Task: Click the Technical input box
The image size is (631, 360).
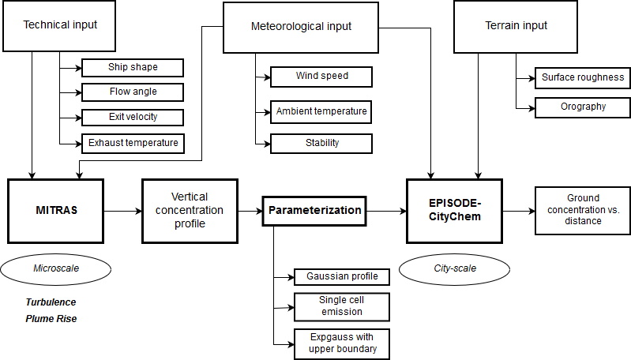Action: [x=59, y=25]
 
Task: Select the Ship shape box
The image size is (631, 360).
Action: [x=133, y=67]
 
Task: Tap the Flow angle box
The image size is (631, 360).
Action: [x=133, y=92]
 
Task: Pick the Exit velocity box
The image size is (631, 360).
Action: [x=133, y=117]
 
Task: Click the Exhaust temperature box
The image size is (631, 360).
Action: [x=133, y=143]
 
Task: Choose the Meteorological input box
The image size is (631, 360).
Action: [x=301, y=27]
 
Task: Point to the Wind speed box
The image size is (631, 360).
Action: [x=321, y=77]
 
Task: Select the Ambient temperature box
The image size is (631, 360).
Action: [x=321, y=111]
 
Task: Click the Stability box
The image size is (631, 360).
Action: [x=321, y=143]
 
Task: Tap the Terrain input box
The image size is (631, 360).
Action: [x=516, y=25]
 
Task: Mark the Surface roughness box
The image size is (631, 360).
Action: [x=583, y=77]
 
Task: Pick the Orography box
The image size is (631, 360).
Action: [x=583, y=107]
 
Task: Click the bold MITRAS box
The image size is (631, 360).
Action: [x=55, y=211]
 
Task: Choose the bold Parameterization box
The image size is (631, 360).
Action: [x=314, y=211]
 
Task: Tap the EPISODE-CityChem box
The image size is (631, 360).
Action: [x=453, y=211]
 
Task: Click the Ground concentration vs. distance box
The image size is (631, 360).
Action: [x=583, y=210]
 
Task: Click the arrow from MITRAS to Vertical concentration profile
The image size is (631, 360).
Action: [x=122, y=211]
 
